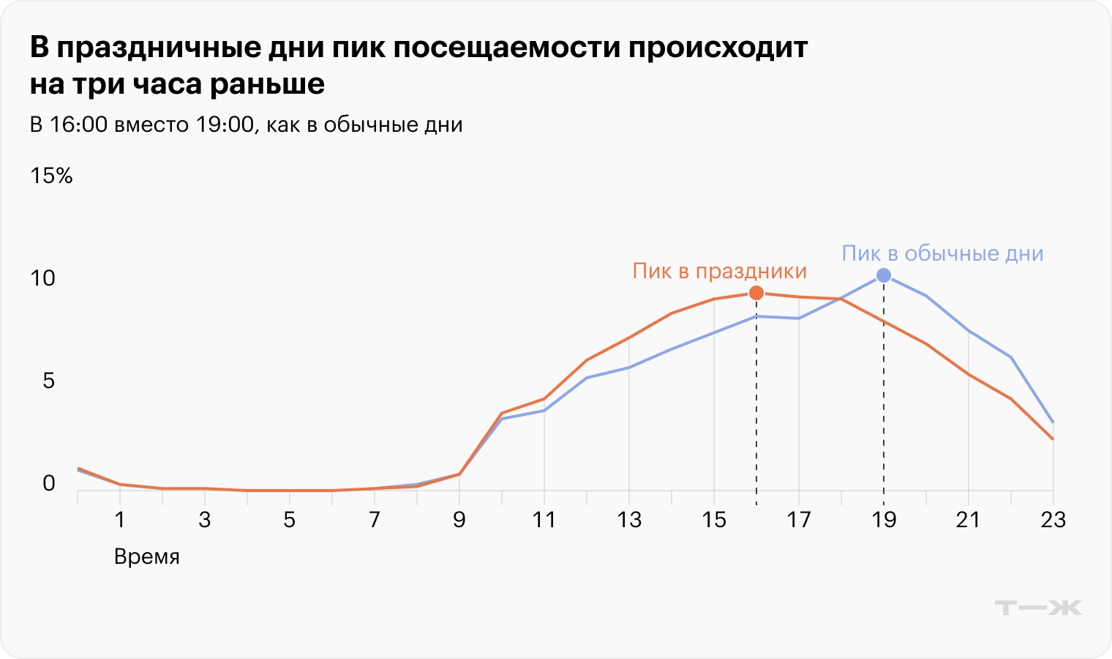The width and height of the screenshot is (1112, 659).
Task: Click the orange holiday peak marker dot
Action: point(756,293)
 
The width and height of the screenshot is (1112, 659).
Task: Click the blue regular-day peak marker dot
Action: point(884,275)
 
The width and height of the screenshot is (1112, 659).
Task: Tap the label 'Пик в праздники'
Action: point(719,271)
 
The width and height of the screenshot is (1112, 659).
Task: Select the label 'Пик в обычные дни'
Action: point(942,253)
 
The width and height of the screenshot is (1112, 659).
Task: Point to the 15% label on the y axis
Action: point(51,176)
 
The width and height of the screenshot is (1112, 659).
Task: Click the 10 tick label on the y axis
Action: point(43,278)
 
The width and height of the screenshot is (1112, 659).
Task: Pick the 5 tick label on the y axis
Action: point(48,381)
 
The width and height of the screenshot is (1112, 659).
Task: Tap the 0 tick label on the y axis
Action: point(48,483)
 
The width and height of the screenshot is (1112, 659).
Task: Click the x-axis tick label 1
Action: point(120,520)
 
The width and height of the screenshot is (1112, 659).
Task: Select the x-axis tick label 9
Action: point(459,520)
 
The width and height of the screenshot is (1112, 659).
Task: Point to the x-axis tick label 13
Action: point(628,520)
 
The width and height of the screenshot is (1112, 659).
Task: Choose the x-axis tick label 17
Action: point(798,520)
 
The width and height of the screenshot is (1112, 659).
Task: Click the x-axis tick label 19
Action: point(884,520)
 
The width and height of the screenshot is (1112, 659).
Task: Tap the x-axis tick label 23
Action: point(1053,520)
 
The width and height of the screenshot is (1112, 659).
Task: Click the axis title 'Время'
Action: point(146,557)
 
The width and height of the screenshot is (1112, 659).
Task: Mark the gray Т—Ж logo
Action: point(1038,607)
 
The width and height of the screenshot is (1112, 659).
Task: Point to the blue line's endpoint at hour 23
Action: point(1053,422)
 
